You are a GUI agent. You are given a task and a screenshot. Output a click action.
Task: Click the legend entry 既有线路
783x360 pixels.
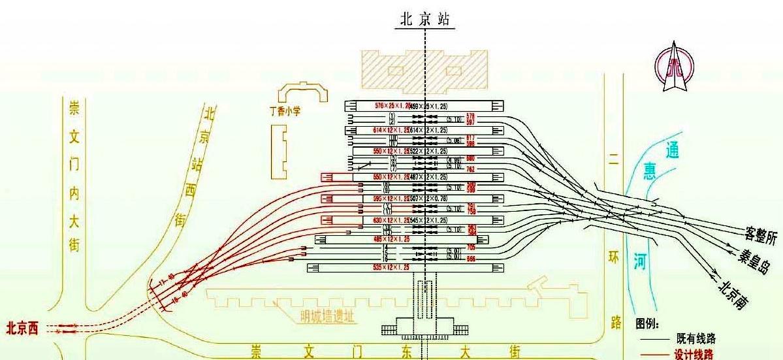click(x=695, y=338)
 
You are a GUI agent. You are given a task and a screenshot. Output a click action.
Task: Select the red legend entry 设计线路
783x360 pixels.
click(x=695, y=354)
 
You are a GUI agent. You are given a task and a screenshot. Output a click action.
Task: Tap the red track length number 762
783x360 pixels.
click(x=470, y=169)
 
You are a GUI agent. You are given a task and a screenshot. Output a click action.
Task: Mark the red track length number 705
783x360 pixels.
click(x=471, y=247)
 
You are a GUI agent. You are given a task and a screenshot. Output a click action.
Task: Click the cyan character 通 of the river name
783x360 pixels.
click(x=671, y=151)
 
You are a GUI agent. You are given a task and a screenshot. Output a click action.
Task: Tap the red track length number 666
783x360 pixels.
click(x=471, y=258)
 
